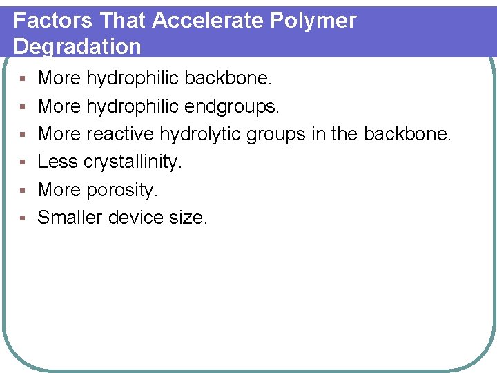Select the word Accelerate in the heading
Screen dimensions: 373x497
click(208, 20)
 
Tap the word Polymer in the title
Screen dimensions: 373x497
click(313, 20)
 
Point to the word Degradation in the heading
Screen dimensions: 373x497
click(77, 46)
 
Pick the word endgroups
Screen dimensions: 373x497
click(233, 106)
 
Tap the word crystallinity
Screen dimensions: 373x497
click(133, 162)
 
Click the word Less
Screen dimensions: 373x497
click(57, 162)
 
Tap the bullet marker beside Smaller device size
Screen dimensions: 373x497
click(23, 218)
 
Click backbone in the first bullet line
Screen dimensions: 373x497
click(228, 78)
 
